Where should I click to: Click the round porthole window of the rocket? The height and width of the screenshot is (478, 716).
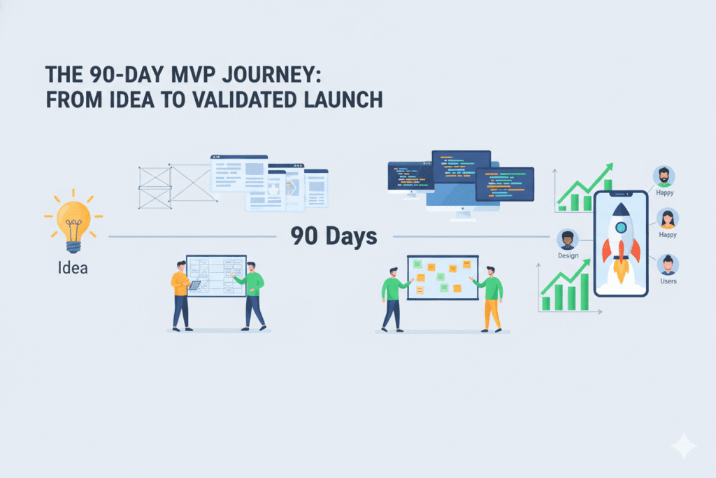click(x=620, y=227)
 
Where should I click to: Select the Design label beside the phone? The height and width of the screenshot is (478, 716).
click(x=568, y=257)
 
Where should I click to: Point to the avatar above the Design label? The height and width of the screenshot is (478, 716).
click(x=568, y=240)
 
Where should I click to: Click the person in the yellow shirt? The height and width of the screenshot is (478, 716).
click(x=181, y=294)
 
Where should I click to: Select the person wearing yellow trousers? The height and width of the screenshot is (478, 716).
click(x=492, y=297)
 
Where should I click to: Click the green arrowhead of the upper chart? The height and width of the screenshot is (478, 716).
click(x=608, y=169)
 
